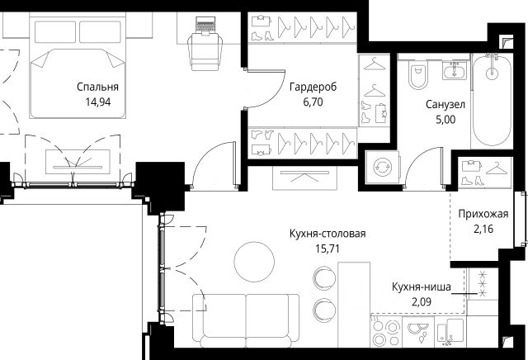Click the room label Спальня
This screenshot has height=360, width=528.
point(97,87)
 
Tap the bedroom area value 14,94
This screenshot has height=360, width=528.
point(98,102)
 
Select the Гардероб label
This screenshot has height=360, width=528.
point(313,87)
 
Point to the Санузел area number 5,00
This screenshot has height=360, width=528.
point(445,120)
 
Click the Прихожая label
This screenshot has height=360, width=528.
point(483,214)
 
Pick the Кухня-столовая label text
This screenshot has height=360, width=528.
point(328,234)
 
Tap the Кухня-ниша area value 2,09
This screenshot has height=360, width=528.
point(422,301)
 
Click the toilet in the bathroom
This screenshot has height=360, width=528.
point(418,75)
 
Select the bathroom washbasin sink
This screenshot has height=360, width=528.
point(455,71)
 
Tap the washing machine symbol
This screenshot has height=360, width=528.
point(383,167)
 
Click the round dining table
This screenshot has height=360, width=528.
point(254,261)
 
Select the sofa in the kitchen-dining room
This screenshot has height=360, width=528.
point(246,320)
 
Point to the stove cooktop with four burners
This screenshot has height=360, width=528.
point(386,331)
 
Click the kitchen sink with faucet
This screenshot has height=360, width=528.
point(450,332)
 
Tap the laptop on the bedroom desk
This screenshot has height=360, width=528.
point(205,26)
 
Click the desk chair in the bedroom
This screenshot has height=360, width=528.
point(205,51)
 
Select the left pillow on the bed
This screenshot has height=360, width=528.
point(55,32)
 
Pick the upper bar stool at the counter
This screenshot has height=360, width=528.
point(324,277)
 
